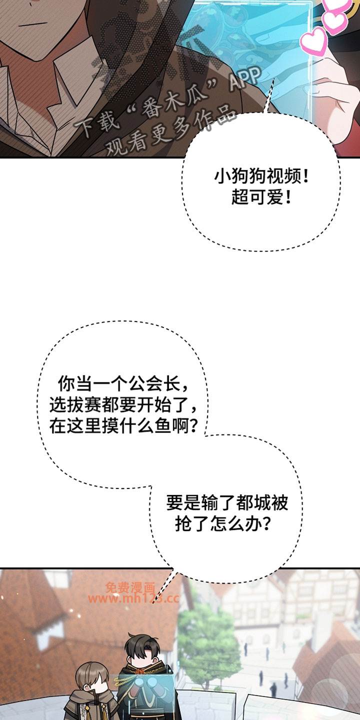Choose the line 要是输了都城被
tap(227, 503)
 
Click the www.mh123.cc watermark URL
tap(133, 598)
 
